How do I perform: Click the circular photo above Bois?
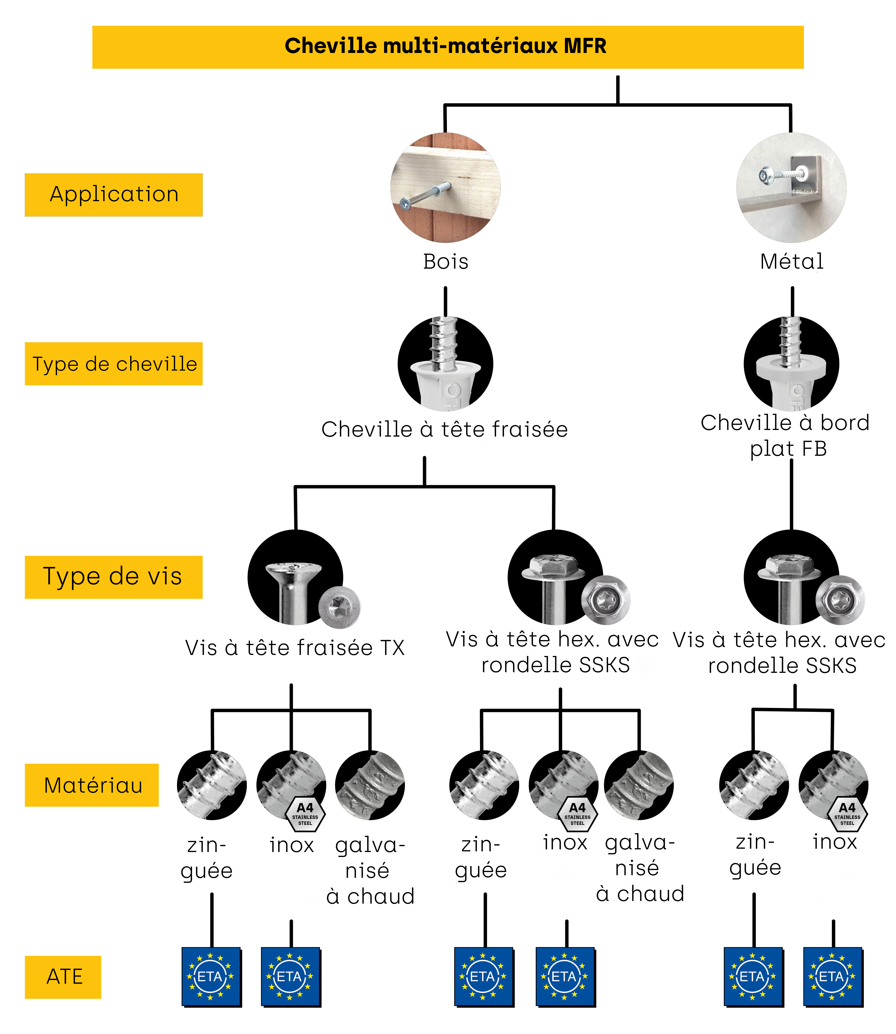click(445, 187)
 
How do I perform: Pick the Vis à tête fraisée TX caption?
click(294, 648)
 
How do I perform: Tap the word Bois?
click(445, 262)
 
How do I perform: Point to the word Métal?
click(791, 262)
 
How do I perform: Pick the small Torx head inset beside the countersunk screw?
click(340, 607)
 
